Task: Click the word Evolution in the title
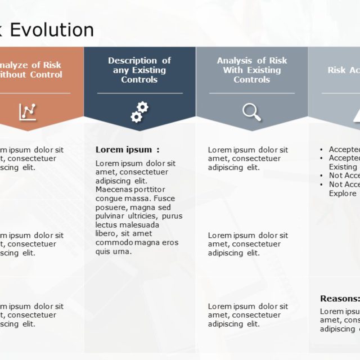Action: coord(52,30)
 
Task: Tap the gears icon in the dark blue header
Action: coord(139,111)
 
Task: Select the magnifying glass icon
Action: coord(251,111)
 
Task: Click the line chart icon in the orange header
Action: coord(28,111)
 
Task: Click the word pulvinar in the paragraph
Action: coord(111,216)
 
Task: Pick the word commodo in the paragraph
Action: coord(113,242)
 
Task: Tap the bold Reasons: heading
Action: coord(340,299)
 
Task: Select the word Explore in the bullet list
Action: coord(343,193)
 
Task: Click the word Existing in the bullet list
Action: coord(343,167)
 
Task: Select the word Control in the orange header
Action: coord(46,75)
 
